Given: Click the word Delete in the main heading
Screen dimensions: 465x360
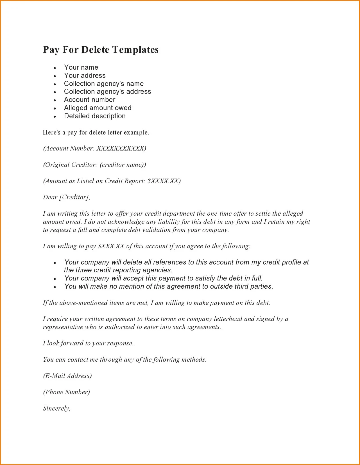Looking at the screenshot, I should pos(95,50).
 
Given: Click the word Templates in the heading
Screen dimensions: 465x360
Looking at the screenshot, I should pos(135,50).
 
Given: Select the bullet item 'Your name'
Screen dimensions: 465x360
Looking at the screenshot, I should pos(81,67).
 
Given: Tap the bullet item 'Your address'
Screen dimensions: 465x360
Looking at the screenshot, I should pos(85,76).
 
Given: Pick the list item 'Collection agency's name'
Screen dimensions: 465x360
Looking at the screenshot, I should pos(104,84).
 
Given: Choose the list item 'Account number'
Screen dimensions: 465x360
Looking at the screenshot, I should pos(89,100).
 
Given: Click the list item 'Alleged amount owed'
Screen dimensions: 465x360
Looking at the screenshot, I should pos(98,108).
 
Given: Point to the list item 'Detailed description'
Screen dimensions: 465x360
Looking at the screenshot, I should pos(95,116).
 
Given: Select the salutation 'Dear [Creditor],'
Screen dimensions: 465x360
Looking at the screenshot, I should pos(66,197).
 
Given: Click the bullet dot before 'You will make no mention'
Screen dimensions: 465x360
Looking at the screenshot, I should pos(55,287).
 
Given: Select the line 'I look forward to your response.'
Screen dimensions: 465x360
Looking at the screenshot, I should pos(88,343).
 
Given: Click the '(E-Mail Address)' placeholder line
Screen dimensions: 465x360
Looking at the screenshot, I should pos(67,376).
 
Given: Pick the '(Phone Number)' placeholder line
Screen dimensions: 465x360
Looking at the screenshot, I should pos(66,392).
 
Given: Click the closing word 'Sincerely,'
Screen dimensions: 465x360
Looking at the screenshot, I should pos(56,409).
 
